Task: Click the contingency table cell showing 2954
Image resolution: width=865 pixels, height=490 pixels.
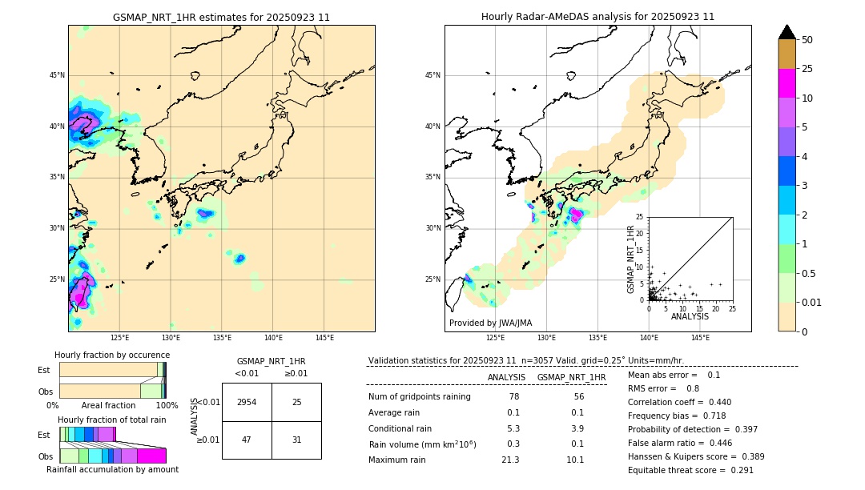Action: pyautogui.click(x=247, y=402)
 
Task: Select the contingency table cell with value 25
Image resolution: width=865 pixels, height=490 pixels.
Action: pyautogui.click(x=296, y=402)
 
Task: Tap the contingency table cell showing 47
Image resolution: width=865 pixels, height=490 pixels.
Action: pyautogui.click(x=247, y=440)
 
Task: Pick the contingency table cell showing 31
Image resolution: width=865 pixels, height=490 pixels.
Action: pyautogui.click(x=296, y=440)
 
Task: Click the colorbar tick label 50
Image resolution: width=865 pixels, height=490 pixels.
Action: pyautogui.click(x=807, y=40)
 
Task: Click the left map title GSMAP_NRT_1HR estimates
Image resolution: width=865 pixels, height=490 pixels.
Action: pyautogui.click(x=221, y=17)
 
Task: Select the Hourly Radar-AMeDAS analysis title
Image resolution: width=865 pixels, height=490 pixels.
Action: pyautogui.click(x=597, y=17)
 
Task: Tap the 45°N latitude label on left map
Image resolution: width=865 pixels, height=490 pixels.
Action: pyautogui.click(x=57, y=75)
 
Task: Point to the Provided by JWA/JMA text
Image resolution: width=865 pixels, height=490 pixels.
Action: pyautogui.click(x=490, y=323)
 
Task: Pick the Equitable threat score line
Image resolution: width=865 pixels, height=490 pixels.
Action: pyautogui.click(x=690, y=470)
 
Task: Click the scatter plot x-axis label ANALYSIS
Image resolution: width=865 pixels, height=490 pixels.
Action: pyautogui.click(x=690, y=316)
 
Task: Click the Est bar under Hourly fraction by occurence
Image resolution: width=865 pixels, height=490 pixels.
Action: pyautogui.click(x=111, y=370)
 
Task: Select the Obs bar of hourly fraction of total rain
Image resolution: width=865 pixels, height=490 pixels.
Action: pyautogui.click(x=112, y=456)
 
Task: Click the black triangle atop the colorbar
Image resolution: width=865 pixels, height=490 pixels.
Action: pyautogui.click(x=787, y=32)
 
